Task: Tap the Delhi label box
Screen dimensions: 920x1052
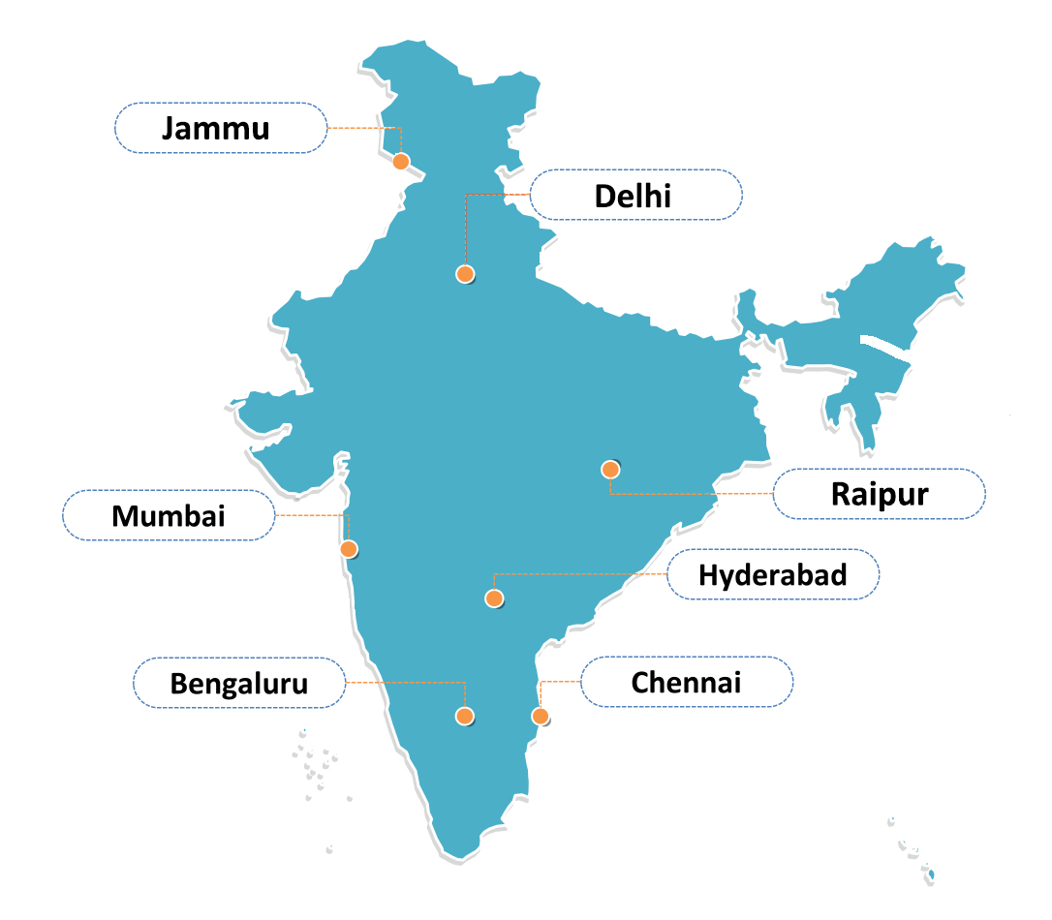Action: pyautogui.click(x=635, y=195)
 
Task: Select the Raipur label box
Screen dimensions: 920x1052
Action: pyautogui.click(x=879, y=494)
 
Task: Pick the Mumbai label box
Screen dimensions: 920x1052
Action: pyautogui.click(x=169, y=515)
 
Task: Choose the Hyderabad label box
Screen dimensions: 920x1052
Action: pyautogui.click(x=773, y=574)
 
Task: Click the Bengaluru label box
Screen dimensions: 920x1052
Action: pyautogui.click(x=239, y=683)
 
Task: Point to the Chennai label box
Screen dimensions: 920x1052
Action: pyautogui.click(x=686, y=682)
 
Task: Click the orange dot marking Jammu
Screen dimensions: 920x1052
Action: pyautogui.click(x=401, y=162)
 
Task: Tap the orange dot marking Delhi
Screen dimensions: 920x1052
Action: pyautogui.click(x=465, y=274)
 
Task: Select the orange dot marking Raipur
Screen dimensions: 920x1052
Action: pyautogui.click(x=610, y=470)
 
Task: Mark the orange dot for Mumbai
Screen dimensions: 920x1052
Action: pyautogui.click(x=349, y=549)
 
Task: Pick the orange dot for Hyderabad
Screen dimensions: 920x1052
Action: pyautogui.click(x=494, y=598)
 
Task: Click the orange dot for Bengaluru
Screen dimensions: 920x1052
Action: pyautogui.click(x=465, y=717)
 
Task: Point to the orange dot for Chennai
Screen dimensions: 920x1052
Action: pyautogui.click(x=540, y=717)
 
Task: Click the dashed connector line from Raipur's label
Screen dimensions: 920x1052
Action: pyautogui.click(x=688, y=494)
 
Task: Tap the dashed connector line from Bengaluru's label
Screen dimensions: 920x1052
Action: pyautogui.click(x=407, y=683)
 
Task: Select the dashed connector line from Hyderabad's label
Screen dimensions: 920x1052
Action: pyautogui.click(x=581, y=574)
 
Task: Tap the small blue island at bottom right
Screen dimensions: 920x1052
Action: pyautogui.click(x=932, y=875)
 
